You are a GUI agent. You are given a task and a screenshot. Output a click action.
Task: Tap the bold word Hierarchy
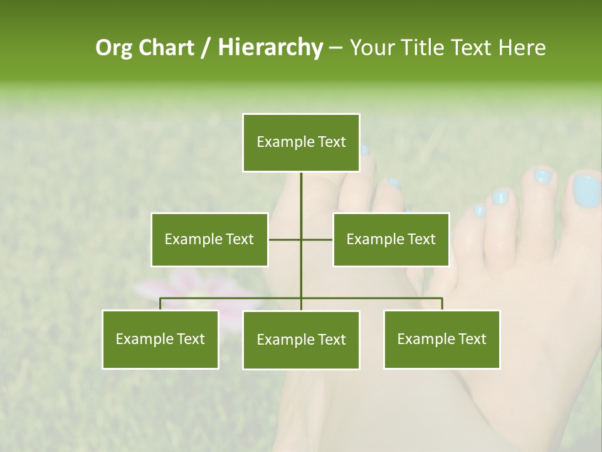(270, 48)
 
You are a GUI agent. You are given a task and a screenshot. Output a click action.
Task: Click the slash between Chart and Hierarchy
(206, 48)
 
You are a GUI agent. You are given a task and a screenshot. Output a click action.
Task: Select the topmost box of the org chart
(301, 143)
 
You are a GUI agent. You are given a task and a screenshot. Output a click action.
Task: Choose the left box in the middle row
(209, 240)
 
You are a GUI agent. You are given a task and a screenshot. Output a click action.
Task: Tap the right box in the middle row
(391, 240)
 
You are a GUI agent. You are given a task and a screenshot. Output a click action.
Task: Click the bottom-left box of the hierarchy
(161, 340)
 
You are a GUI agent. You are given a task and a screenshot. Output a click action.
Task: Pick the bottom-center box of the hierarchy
(301, 340)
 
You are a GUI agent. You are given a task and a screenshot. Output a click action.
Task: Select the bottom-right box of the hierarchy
(441, 340)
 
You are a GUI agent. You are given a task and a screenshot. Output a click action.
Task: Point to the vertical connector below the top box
(301, 195)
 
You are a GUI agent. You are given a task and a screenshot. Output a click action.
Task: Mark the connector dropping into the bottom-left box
(161, 304)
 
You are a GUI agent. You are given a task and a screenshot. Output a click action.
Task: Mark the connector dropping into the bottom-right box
(441, 304)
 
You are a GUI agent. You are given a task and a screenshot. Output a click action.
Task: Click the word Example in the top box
(278, 142)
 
